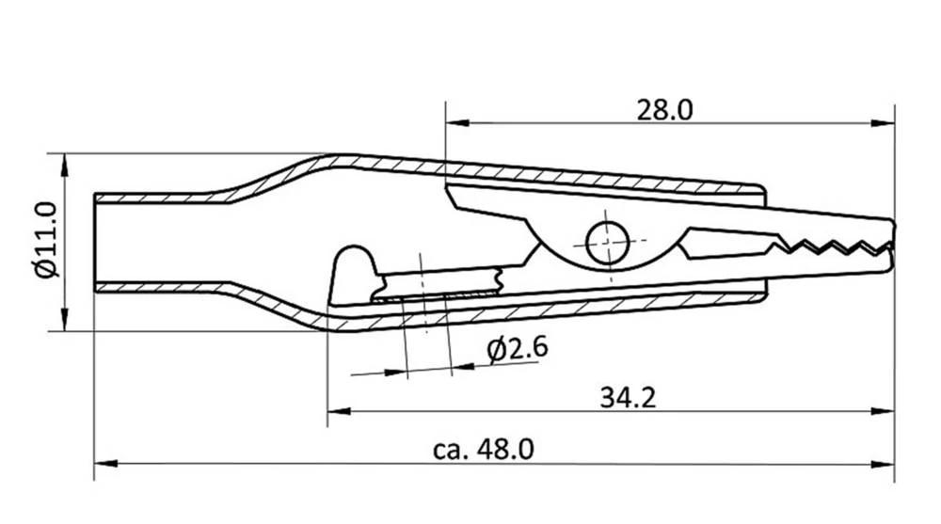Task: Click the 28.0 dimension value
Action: pos(664,110)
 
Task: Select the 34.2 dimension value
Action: pos(628,398)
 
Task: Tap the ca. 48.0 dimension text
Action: pos(484,450)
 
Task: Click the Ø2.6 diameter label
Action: pos(518,349)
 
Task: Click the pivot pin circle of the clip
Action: pos(608,243)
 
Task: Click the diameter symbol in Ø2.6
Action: pos(496,350)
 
